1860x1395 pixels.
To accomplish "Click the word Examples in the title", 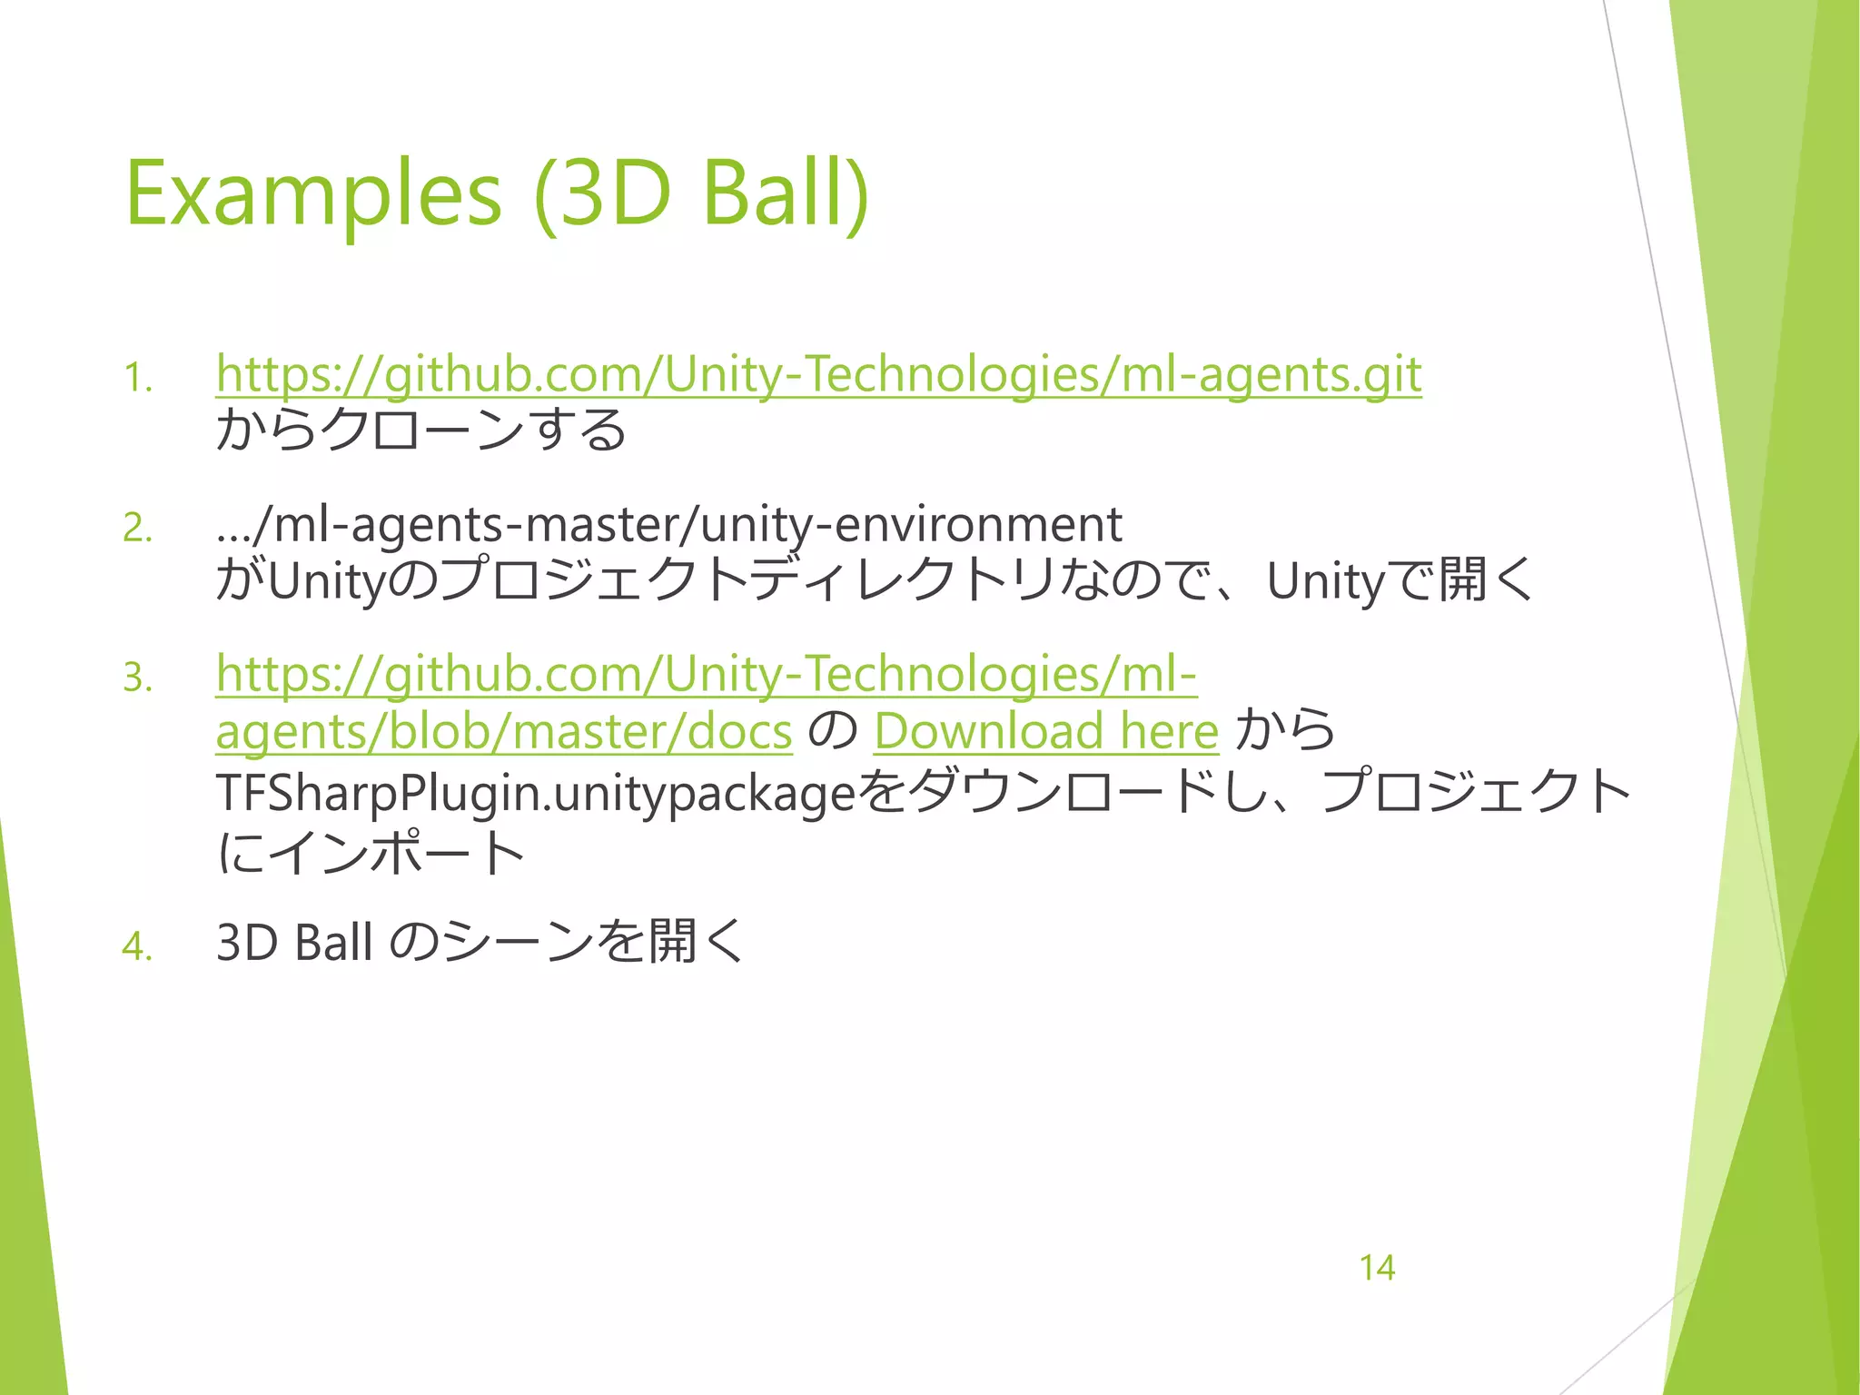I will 312,194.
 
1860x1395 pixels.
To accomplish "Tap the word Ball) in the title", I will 786,194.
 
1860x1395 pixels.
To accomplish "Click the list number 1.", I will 137,379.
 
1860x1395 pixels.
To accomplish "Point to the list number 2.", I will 137,529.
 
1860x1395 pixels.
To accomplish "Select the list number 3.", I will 137,678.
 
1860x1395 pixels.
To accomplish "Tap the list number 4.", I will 137,946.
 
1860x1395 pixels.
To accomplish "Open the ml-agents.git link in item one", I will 818,374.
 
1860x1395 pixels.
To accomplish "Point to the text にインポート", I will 371,853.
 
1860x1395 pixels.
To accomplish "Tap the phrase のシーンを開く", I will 569,942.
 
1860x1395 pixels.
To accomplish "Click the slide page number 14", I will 1377,1268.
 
